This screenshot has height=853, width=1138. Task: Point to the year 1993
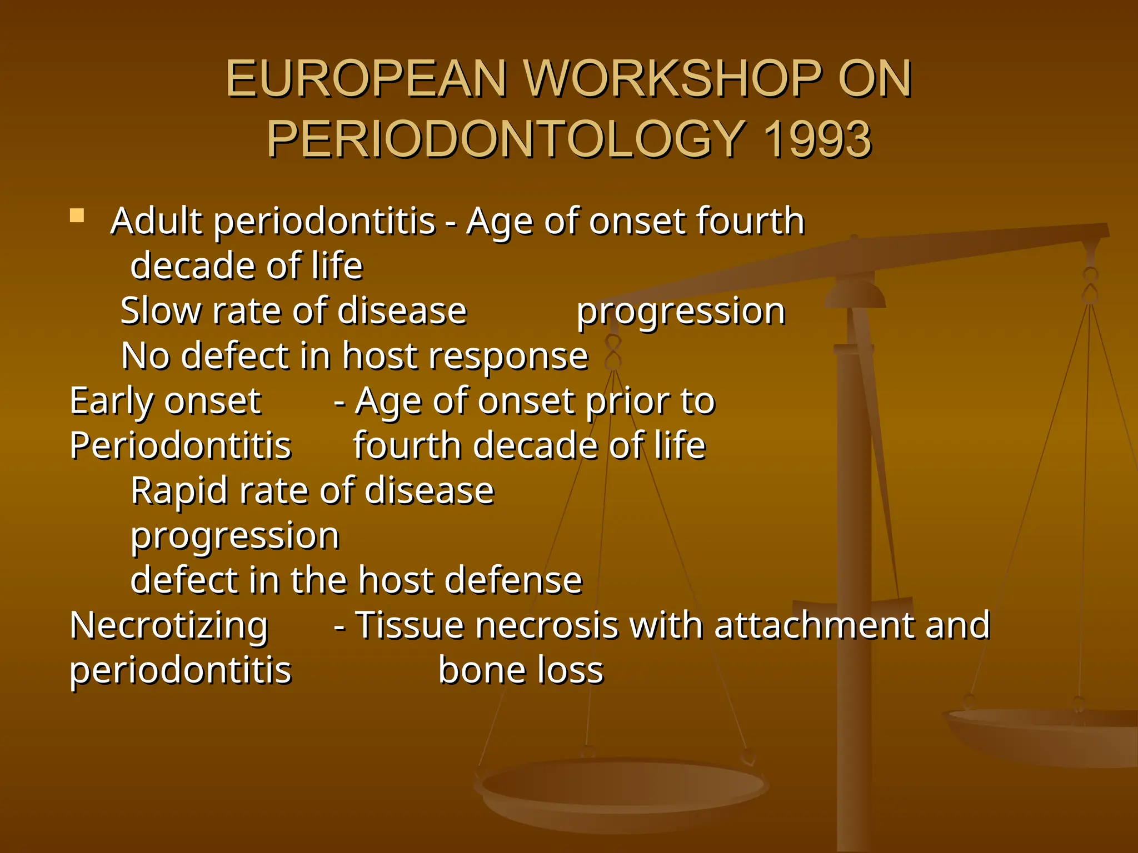(x=817, y=139)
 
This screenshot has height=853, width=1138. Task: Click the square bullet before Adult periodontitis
(x=77, y=215)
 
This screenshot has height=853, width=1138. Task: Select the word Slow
(x=159, y=311)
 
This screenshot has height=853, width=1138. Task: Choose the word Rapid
(x=178, y=491)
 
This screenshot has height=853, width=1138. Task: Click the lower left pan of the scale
(x=622, y=789)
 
